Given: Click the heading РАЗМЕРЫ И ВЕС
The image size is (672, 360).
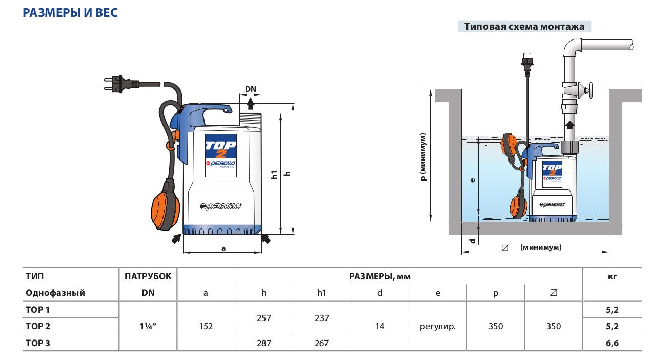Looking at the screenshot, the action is [x=70, y=13].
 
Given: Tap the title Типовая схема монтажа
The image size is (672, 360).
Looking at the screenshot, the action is [x=524, y=27].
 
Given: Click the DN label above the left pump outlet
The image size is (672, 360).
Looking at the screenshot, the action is [x=251, y=89].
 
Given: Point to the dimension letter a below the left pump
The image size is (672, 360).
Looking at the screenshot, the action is [x=223, y=248].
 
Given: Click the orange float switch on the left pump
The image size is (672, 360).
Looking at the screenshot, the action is [x=165, y=205].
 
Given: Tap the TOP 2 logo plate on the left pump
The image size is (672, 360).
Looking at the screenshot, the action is [x=221, y=155].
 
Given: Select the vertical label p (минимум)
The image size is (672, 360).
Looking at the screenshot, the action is [x=423, y=156].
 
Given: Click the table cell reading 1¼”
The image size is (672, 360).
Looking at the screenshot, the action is [x=148, y=326].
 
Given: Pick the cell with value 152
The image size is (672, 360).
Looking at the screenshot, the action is [x=206, y=326].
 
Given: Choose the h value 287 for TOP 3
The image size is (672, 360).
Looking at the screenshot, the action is [x=263, y=343].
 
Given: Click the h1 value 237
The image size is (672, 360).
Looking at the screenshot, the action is [x=321, y=317].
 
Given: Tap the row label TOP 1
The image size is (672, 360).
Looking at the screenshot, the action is [x=37, y=310].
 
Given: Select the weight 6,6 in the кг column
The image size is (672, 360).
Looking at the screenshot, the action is [x=612, y=343].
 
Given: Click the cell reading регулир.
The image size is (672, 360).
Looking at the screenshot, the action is [x=438, y=326].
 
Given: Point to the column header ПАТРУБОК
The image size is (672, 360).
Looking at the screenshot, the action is [x=148, y=276].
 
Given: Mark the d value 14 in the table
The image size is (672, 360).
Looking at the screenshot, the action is [x=380, y=326].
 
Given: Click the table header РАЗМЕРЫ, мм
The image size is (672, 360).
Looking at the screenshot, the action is [x=379, y=276].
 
